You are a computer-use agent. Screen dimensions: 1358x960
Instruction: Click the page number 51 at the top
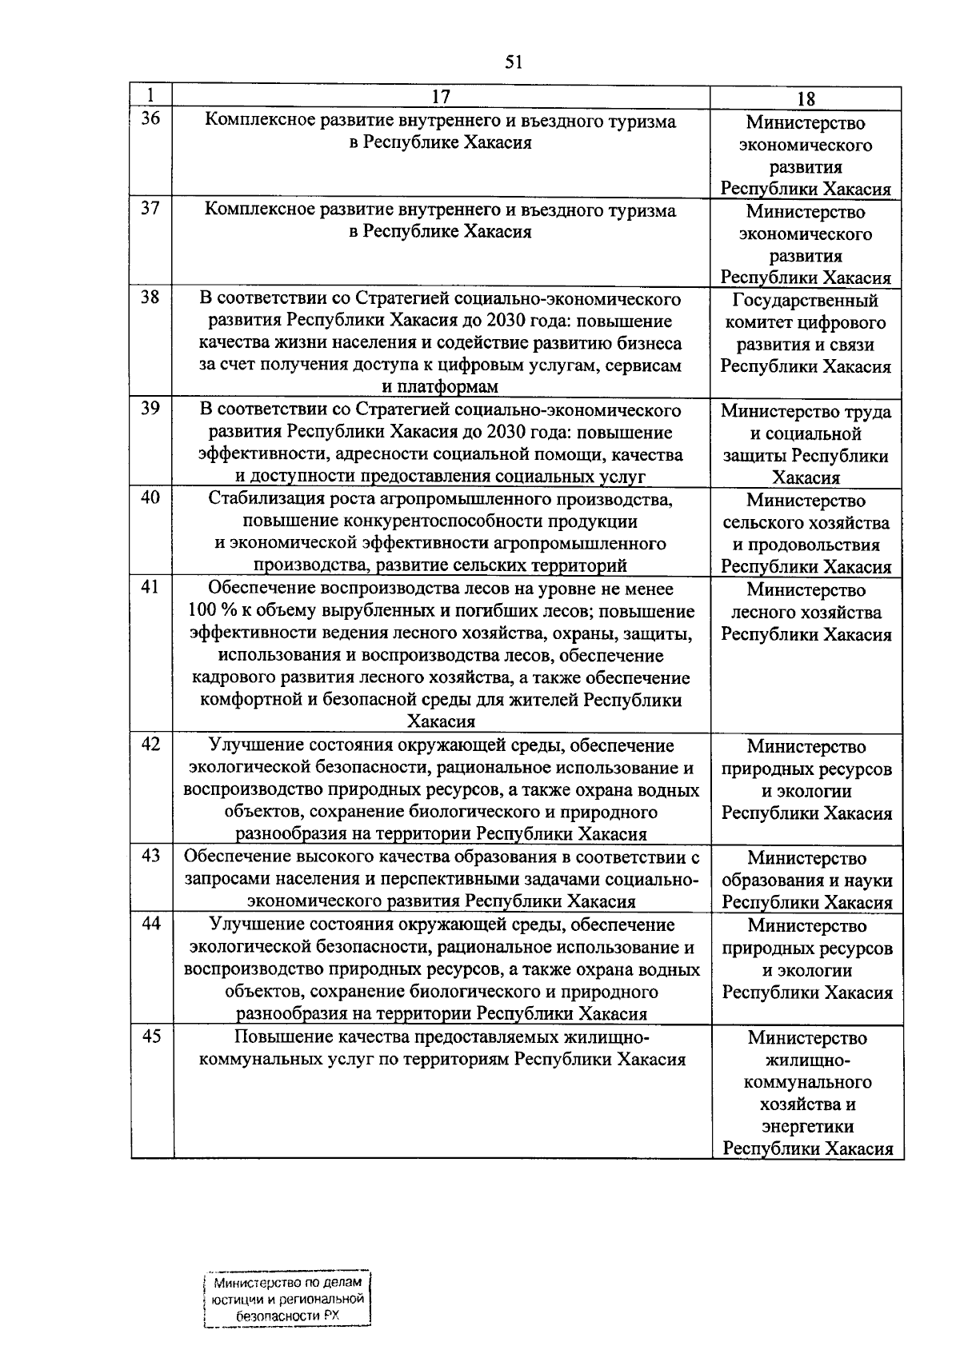click(x=514, y=62)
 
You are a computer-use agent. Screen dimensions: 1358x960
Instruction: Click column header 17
click(x=441, y=98)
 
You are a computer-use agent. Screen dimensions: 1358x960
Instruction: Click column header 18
click(x=806, y=99)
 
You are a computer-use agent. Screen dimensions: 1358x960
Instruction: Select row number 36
click(x=150, y=119)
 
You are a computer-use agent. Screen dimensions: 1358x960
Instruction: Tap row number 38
click(x=150, y=298)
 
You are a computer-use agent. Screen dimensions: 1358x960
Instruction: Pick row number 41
click(x=150, y=587)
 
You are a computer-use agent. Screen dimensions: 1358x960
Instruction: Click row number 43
click(x=150, y=856)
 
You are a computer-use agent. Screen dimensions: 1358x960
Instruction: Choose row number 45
click(x=150, y=1036)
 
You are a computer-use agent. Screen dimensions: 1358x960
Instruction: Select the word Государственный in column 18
click(x=806, y=301)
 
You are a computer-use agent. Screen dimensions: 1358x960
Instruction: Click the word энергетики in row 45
click(x=807, y=1127)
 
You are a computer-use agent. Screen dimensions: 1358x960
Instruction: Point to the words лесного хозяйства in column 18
click(x=806, y=613)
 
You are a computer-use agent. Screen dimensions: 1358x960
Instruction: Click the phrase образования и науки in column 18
click(x=806, y=881)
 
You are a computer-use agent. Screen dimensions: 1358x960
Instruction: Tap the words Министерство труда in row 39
click(x=806, y=412)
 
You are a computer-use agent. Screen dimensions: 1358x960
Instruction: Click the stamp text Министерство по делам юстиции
click(x=288, y=1291)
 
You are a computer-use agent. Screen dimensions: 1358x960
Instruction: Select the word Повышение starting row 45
click(x=274, y=1038)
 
